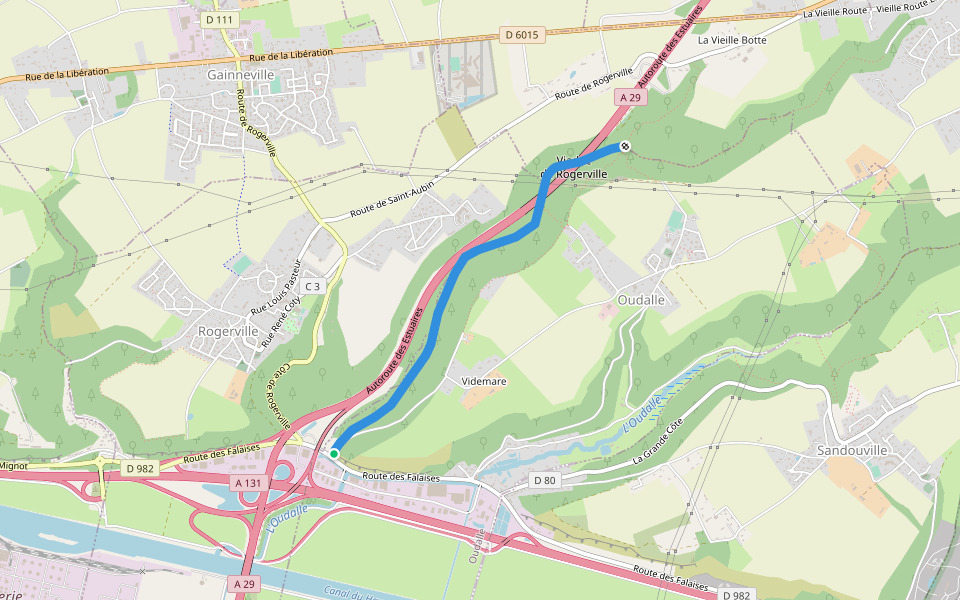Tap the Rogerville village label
pyautogui.click(x=229, y=331)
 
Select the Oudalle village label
pyautogui.click(x=643, y=299)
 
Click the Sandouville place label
pyautogui.click(x=852, y=451)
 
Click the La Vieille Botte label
pyautogui.click(x=732, y=41)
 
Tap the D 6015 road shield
pyautogui.click(x=521, y=35)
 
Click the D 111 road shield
pyautogui.click(x=218, y=20)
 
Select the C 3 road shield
pyautogui.click(x=313, y=287)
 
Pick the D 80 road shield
pyautogui.click(x=544, y=481)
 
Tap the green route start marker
pyautogui.click(x=334, y=454)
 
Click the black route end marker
pyautogui.click(x=625, y=147)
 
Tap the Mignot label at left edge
pyautogui.click(x=14, y=465)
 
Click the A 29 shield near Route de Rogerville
pyautogui.click(x=629, y=97)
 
